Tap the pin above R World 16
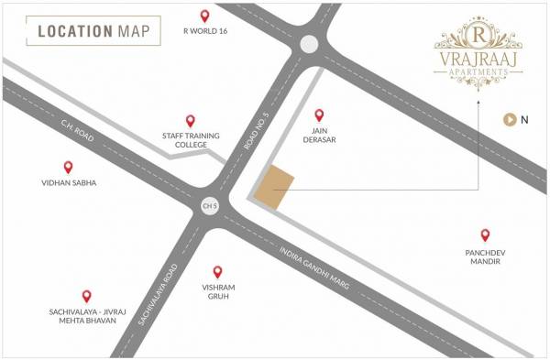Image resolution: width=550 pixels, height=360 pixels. (204, 16)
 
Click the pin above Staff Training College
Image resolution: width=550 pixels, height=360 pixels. (191, 121)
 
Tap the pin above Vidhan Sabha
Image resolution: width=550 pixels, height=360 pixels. (68, 168)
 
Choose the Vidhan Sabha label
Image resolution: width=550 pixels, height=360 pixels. (68, 183)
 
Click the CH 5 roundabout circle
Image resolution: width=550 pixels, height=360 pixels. (210, 208)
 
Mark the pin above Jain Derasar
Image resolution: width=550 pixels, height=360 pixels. (320, 115)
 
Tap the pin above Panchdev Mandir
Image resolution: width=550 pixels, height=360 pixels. (485, 235)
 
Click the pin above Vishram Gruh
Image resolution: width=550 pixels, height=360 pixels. (218, 272)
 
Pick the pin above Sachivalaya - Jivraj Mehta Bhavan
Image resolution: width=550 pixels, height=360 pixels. (87, 296)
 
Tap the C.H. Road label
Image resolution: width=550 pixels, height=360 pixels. (79, 138)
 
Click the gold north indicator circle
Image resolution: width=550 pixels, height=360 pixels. (509, 119)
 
